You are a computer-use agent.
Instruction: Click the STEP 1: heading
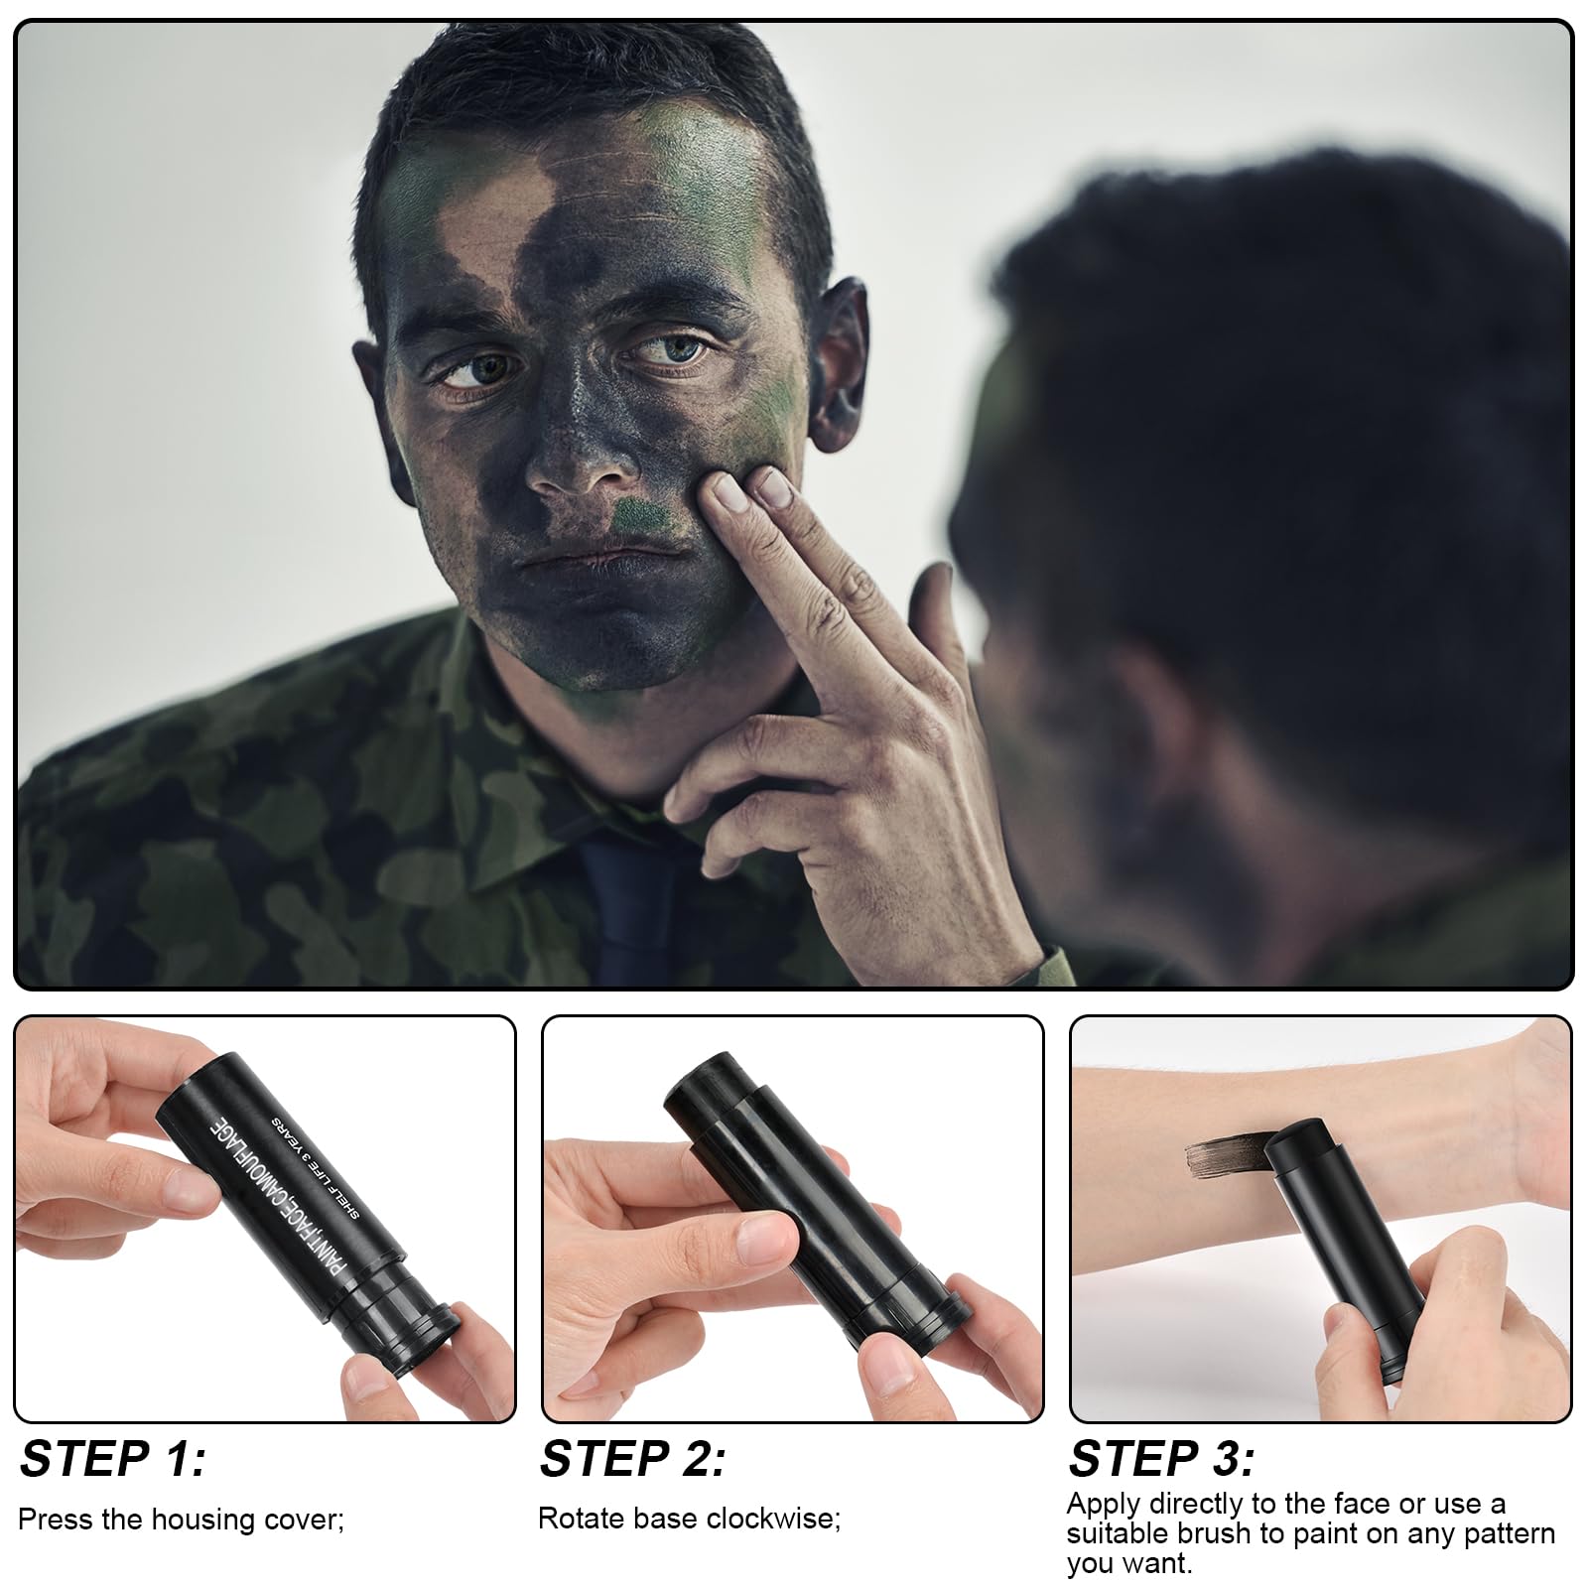[113, 1460]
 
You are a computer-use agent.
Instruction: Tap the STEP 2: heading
[633, 1460]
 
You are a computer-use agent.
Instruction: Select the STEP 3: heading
[1161, 1460]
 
